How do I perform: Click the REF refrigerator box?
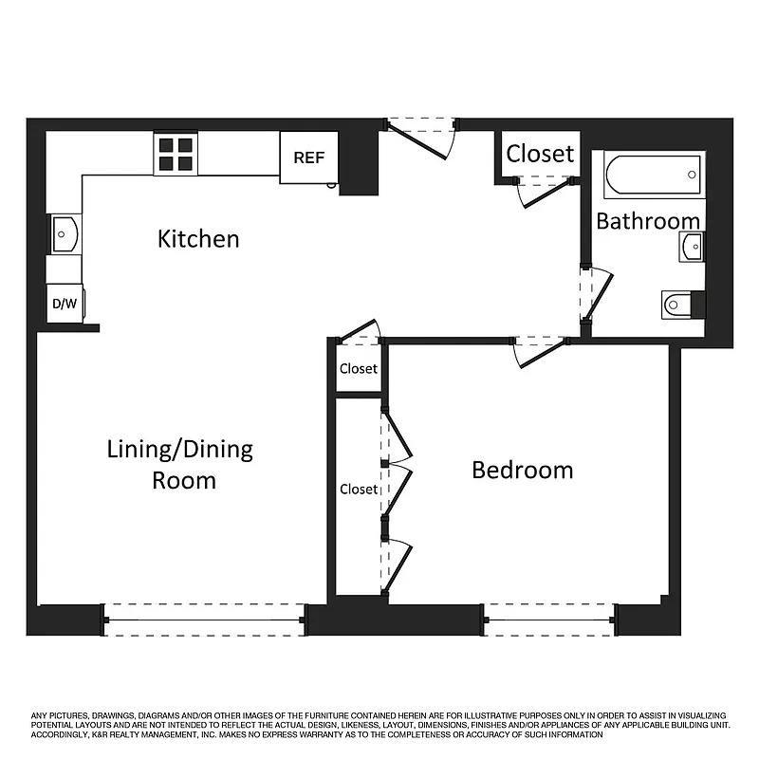tap(308, 157)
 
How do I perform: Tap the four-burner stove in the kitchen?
tap(175, 154)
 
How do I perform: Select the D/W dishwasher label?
tap(64, 305)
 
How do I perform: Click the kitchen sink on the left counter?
tap(65, 233)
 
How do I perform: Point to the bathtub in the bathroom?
tap(654, 175)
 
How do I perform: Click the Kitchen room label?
tap(198, 238)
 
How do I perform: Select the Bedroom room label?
tap(523, 470)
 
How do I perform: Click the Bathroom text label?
tap(648, 221)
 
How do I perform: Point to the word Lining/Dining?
tap(179, 449)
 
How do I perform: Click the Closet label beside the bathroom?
tap(540, 154)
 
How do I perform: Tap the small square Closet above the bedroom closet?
tap(359, 368)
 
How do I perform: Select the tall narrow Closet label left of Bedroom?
tap(359, 490)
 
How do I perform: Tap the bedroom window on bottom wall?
tap(549, 620)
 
